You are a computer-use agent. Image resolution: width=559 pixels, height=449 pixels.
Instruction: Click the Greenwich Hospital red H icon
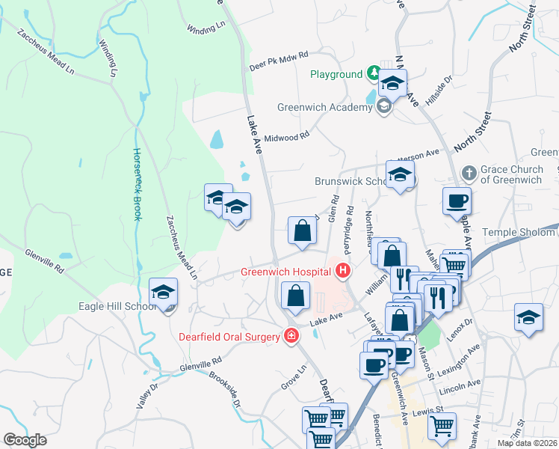[344, 271]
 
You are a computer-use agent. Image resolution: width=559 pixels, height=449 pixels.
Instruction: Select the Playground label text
[336, 75]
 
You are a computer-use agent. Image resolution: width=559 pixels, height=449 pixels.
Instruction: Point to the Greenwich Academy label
[324, 107]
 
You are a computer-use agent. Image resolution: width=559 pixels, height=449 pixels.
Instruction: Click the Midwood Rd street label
[287, 137]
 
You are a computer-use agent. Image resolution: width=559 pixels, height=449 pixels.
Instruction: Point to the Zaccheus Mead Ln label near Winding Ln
[45, 53]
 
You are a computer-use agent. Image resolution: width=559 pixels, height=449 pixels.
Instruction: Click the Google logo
[25, 440]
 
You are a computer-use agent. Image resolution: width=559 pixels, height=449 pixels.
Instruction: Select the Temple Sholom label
[519, 233]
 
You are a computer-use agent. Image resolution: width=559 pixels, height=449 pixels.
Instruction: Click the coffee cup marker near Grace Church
[457, 201]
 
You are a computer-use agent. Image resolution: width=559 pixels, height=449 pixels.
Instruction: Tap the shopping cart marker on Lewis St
[442, 426]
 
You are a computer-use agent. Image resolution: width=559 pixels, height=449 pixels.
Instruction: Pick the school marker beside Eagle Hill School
[163, 293]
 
